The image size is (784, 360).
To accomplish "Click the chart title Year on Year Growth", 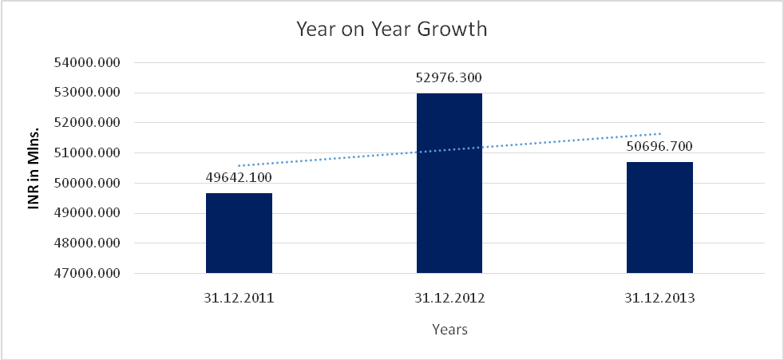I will tap(391, 30).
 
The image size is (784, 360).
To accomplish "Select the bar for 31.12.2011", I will tap(239, 233).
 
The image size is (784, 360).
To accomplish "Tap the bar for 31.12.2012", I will tap(449, 184).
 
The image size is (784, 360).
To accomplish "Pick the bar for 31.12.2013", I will tap(659, 217).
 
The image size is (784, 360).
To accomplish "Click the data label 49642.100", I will tap(239, 176).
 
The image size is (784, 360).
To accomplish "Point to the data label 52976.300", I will tap(449, 77).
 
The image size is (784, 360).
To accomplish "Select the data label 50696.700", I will tap(659, 146).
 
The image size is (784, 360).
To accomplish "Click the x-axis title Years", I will tap(449, 329).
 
